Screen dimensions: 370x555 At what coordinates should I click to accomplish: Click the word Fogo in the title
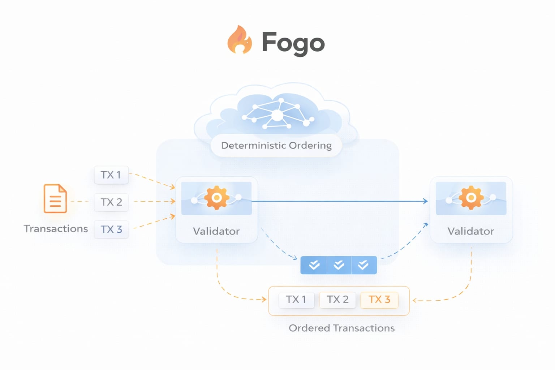click(293, 43)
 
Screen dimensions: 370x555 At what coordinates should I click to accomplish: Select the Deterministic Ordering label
click(276, 145)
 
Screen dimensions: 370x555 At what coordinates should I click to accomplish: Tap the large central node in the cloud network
click(277, 115)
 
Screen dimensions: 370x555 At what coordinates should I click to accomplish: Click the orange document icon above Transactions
click(55, 198)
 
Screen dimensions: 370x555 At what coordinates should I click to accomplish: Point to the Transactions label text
click(56, 229)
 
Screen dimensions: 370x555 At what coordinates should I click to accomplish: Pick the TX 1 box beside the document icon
click(111, 175)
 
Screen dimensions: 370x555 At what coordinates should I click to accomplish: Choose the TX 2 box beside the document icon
click(111, 202)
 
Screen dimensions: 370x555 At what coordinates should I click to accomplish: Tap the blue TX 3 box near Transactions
click(111, 229)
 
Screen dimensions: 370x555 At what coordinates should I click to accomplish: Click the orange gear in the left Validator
click(216, 198)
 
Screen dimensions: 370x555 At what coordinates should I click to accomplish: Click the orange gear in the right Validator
click(471, 198)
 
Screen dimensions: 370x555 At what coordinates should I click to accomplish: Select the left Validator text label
click(216, 231)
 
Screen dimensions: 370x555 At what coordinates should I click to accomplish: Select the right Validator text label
click(471, 231)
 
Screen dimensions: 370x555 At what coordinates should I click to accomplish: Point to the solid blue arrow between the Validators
click(340, 201)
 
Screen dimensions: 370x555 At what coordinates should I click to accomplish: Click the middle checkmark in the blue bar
click(339, 265)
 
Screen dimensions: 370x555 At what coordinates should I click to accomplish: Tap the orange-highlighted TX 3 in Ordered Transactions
click(379, 300)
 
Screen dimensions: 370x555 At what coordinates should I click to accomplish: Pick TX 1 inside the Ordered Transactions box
click(296, 300)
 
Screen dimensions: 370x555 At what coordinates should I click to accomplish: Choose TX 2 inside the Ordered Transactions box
click(337, 300)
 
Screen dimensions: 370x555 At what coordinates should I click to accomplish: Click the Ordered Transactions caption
click(341, 328)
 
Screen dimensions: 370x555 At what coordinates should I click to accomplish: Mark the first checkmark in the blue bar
click(314, 265)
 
